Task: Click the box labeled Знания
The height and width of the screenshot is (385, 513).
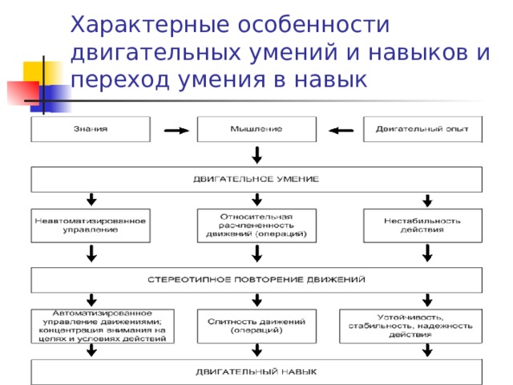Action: [91, 129]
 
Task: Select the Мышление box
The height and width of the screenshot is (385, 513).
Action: [256, 129]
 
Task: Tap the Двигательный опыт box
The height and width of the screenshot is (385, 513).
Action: [422, 129]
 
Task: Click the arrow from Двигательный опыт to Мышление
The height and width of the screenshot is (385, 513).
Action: [341, 130]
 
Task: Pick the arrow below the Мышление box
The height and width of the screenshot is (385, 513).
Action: [256, 154]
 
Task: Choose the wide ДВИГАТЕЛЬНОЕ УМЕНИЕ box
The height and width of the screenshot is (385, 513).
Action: [256, 179]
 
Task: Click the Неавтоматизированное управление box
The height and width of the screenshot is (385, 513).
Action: [91, 225]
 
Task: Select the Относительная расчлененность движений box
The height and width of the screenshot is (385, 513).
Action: [256, 225]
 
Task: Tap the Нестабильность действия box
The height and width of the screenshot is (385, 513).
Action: [422, 225]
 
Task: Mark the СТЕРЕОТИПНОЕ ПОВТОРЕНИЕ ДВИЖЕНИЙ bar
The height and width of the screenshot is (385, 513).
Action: [256, 280]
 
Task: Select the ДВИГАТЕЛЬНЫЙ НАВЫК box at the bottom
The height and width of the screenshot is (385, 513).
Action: [256, 372]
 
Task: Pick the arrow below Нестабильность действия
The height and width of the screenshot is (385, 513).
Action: [427, 253]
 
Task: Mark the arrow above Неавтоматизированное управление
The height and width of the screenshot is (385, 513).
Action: [91, 199]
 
